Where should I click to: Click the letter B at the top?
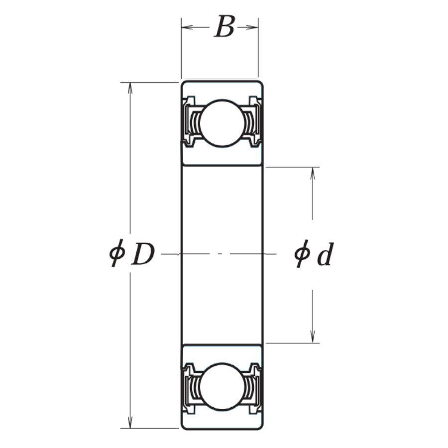pos(224,28)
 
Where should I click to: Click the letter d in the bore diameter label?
pos(325,254)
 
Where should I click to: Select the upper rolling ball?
pos(222,123)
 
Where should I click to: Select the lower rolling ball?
pos(222,386)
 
